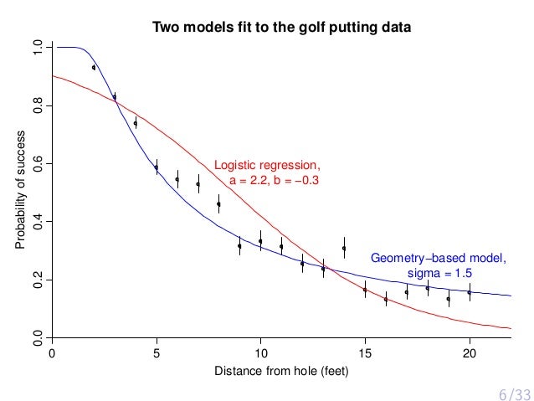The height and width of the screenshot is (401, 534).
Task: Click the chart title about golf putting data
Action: [281, 28]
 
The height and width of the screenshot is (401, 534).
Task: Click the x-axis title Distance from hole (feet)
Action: [281, 371]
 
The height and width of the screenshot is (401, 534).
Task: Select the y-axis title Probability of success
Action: [20, 192]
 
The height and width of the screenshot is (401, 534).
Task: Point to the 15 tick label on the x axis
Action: [365, 352]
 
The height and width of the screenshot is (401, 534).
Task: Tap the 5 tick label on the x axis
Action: [157, 352]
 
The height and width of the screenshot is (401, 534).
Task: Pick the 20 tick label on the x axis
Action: [469, 352]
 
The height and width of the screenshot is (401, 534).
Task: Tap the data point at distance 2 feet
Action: [94, 68]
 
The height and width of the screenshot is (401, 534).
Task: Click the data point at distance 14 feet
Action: [344, 248]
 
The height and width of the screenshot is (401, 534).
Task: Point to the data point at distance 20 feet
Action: [469, 292]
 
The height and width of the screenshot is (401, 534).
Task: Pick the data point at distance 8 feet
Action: [218, 203]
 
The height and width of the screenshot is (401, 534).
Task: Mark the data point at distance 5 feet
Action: [157, 167]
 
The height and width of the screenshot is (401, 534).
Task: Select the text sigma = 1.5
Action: [439, 274]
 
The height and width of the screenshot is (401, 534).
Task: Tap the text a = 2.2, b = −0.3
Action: [275, 180]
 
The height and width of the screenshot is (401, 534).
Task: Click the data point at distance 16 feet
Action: [386, 299]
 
